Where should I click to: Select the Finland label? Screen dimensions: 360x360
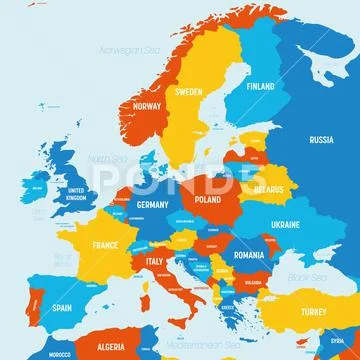click(260, 86)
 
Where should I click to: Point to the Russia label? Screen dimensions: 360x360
click(321, 140)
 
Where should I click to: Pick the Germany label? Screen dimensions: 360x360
click(151, 205)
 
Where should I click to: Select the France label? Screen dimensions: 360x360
click(106, 245)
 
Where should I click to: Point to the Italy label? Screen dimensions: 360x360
click(155, 262)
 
